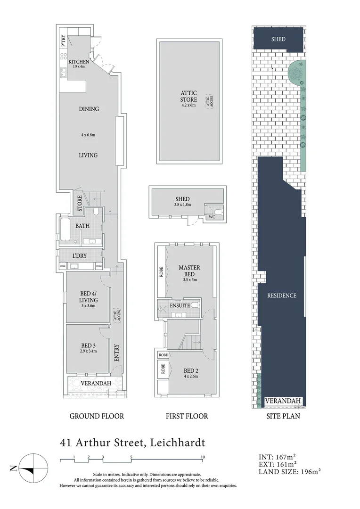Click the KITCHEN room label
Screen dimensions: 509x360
tap(78, 62)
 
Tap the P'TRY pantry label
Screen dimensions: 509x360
tap(63, 41)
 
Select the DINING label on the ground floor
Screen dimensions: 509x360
tap(89, 109)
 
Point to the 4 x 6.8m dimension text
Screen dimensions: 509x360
tap(88, 135)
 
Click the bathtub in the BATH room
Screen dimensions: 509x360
tap(65, 225)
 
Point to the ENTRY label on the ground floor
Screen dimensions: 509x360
tap(116, 353)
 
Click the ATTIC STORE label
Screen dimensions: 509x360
tap(188, 96)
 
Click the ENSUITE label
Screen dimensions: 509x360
tap(180, 305)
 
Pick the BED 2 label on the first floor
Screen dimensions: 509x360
tap(191, 370)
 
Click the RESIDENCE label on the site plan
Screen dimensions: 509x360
tap(282, 296)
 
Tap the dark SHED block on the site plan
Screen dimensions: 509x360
tap(278, 39)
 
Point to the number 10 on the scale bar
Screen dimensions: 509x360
tap(202, 457)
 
